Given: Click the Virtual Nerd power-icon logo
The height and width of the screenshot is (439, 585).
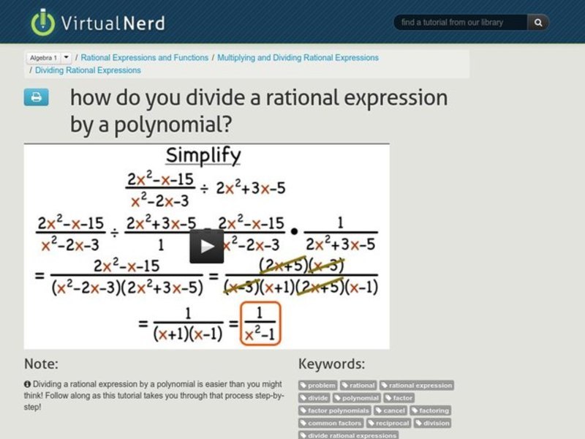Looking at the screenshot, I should pos(43,22).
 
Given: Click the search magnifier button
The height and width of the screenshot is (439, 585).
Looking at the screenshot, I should pos(538,23).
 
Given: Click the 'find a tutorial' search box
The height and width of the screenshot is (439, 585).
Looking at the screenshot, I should pos(461,23).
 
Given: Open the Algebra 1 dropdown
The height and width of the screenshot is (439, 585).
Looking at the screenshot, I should pos(67,57).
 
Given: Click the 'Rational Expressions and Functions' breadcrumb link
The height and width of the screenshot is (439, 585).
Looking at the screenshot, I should pos(144,57).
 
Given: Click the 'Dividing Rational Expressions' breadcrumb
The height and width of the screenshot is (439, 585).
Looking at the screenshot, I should pos(88,70).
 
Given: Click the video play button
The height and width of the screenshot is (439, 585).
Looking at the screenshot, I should pos(207,246).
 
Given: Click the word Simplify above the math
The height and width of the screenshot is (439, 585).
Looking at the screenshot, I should pos(203,156).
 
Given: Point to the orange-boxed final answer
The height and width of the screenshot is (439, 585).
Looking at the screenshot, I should pos(260,323).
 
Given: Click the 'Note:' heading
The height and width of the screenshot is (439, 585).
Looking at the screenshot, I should pos(41,364).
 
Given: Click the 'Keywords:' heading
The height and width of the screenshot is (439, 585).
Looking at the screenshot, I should pos(331,364).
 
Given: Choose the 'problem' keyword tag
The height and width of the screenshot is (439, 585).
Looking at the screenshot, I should pos(318,386).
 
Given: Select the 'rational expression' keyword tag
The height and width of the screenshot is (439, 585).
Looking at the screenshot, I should pos(417,386).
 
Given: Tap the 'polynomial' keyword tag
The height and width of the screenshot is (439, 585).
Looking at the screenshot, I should pos(357,398).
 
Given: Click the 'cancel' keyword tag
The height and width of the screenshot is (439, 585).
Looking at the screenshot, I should pos(390,410).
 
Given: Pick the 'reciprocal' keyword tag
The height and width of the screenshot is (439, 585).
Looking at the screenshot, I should pos(389,423).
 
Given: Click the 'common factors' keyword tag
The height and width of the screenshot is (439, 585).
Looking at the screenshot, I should pos(331,423).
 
